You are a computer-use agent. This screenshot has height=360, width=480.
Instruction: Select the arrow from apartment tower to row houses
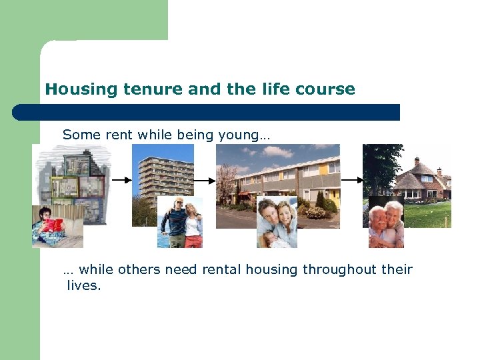(205, 180)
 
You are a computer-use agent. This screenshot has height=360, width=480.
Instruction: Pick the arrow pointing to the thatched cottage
(351, 180)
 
